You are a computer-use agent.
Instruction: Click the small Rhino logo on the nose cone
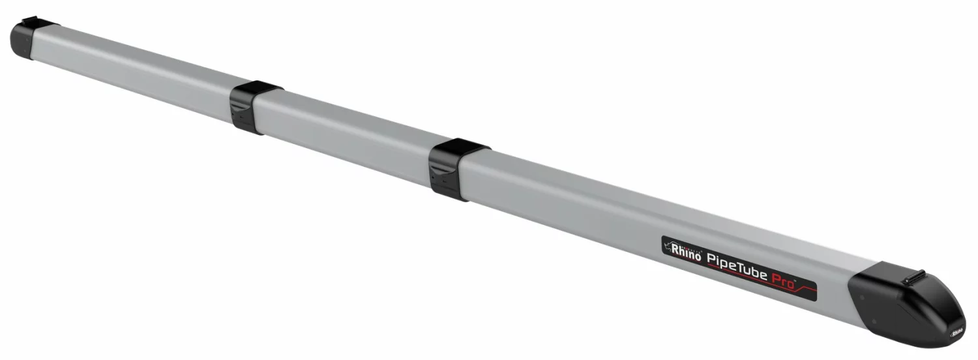pos(956,331)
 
